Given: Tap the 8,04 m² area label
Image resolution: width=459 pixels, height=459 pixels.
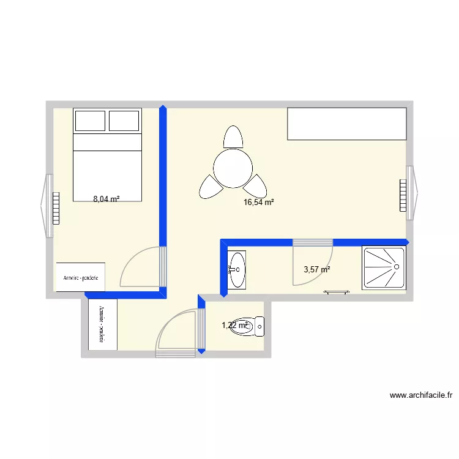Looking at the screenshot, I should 106,199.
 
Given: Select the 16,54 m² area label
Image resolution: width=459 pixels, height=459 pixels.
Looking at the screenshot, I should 258,202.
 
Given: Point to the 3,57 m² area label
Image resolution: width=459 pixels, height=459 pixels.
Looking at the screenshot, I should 317,269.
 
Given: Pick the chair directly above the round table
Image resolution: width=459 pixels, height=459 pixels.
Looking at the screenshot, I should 233,136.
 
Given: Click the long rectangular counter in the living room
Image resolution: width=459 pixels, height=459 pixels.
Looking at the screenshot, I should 347,124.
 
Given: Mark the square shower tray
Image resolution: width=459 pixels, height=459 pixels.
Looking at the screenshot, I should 383,267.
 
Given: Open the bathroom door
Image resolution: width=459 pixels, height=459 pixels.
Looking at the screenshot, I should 312,263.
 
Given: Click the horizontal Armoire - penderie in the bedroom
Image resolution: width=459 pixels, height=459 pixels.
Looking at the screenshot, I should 80,277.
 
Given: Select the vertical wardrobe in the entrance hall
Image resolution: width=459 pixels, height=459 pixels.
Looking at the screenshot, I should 102,324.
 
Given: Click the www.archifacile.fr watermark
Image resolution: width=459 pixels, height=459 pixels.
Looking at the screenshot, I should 420,395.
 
